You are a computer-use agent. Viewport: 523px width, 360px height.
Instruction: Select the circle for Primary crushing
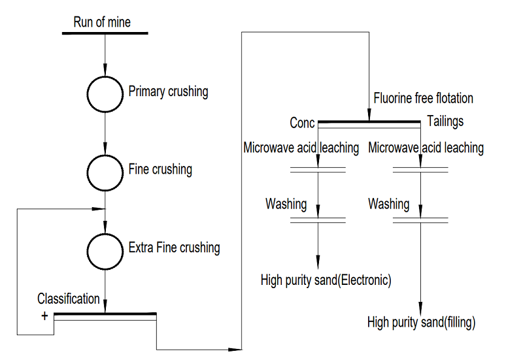pos(105,93)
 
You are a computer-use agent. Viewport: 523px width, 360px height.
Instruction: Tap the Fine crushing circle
pos(105,171)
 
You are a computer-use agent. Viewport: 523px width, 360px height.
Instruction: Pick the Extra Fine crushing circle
pos(105,250)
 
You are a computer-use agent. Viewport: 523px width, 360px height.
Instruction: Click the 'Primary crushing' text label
pos(168,91)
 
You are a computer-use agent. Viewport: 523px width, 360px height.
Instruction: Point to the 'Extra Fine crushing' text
pos(174,248)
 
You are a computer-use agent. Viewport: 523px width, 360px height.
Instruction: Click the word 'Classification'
pos(69,299)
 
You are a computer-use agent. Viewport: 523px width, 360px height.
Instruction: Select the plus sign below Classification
pos(45,314)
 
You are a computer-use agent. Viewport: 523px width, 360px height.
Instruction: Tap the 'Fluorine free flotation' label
pos(423,99)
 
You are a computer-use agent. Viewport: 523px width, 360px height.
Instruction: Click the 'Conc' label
pos(302,123)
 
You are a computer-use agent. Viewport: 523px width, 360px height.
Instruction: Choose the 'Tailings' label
pos(445,122)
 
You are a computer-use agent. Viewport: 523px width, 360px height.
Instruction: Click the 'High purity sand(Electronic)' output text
pos(326,280)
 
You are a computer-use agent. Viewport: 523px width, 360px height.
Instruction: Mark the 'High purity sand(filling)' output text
pos(421,322)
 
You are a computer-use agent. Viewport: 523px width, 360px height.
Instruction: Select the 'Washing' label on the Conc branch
pos(286,204)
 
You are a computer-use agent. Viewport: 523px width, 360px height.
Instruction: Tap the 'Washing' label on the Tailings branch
pos(388,204)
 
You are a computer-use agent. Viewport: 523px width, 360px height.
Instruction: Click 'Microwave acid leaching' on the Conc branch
pos(301,148)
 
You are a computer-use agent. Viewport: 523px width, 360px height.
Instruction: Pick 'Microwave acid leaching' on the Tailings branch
pos(426,148)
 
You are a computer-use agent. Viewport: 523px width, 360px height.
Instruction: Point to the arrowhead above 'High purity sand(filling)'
pos(420,308)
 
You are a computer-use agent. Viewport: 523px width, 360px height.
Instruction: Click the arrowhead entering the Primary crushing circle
pos(105,71)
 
